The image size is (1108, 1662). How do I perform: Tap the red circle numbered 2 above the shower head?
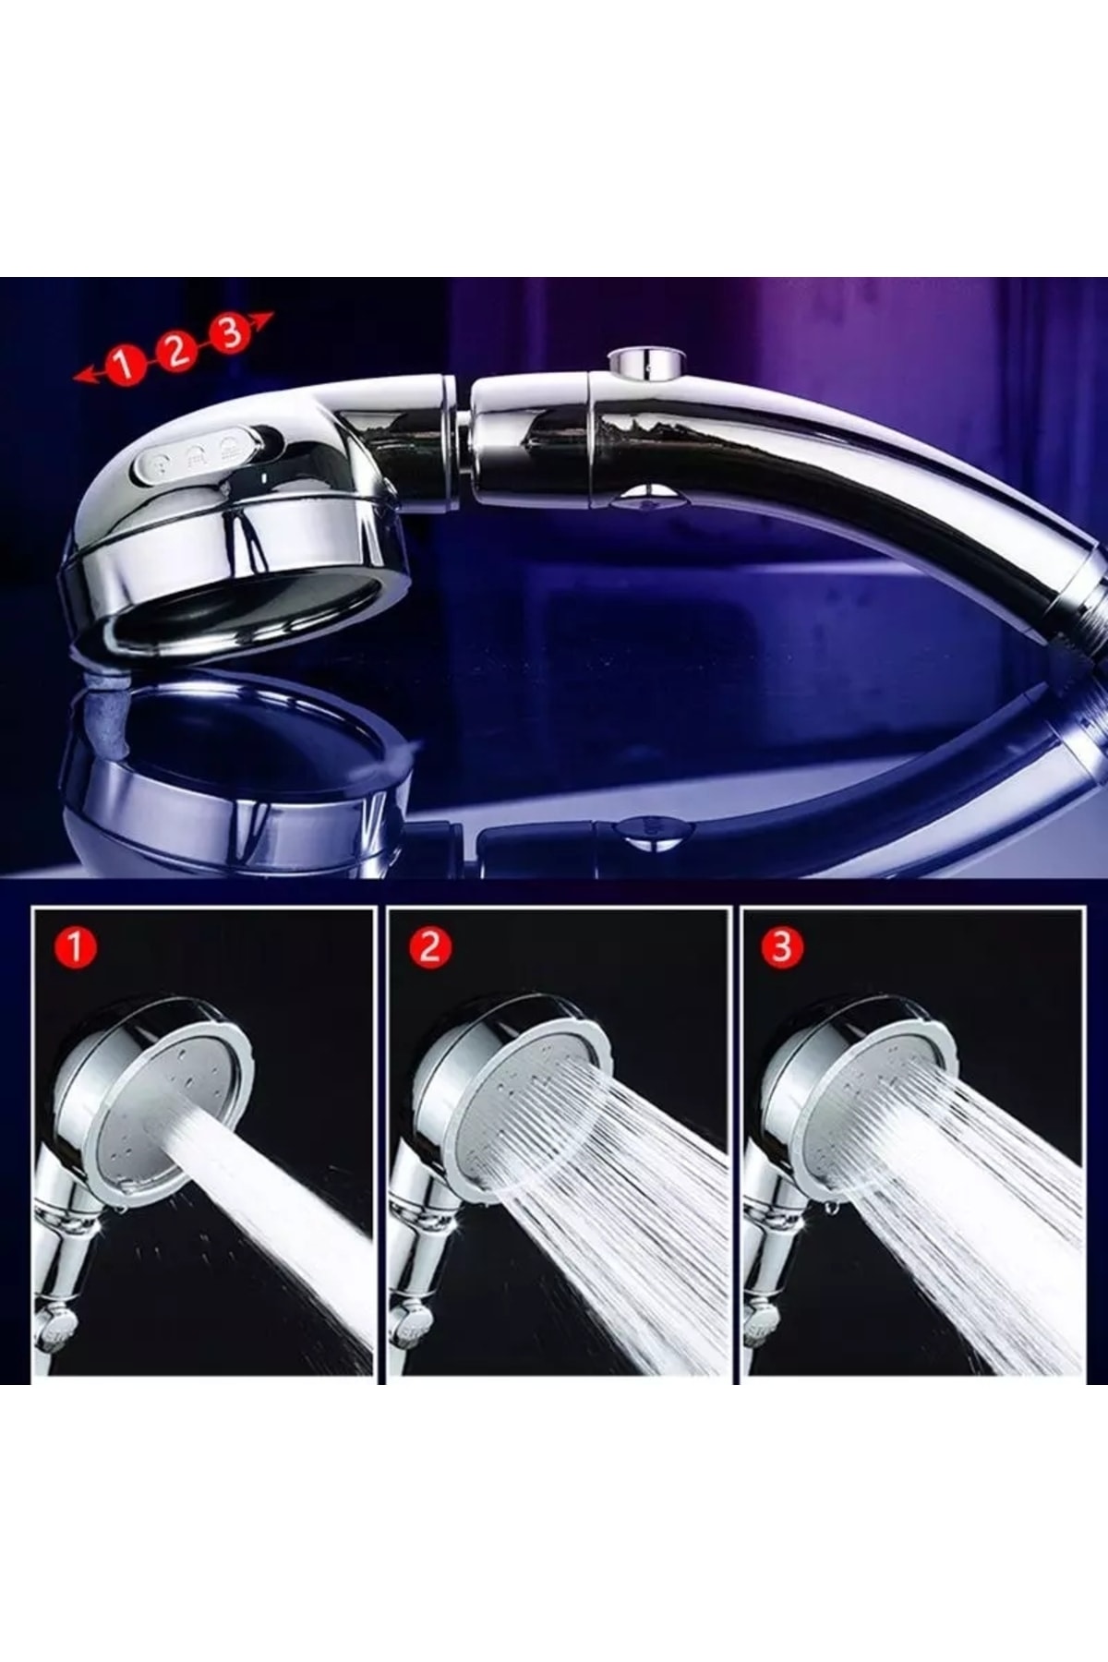click(175, 349)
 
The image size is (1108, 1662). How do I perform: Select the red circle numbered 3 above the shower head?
click(229, 331)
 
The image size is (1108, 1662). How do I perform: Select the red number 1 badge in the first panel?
click(75, 947)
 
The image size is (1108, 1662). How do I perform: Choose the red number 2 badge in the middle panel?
click(429, 947)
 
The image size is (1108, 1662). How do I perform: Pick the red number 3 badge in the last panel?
click(782, 947)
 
